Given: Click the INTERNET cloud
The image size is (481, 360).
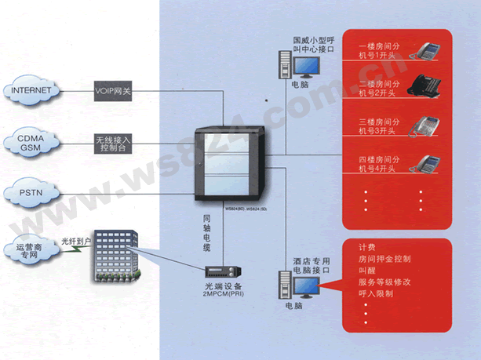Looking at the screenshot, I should point(31,90).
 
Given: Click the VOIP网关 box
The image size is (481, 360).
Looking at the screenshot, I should point(114,90).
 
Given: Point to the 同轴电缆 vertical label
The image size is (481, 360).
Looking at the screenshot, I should point(207,231).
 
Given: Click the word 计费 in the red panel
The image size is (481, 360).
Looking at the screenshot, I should point(366,246).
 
